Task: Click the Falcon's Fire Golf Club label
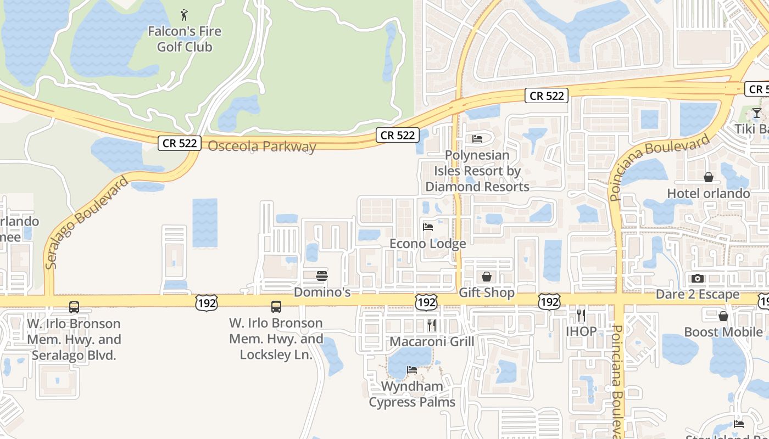pyautogui.click(x=184, y=39)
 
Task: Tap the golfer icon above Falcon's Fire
pyautogui.click(x=184, y=15)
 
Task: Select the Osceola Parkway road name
pyautogui.click(x=262, y=147)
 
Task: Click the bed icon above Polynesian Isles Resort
pyautogui.click(x=477, y=139)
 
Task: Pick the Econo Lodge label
pyautogui.click(x=427, y=243)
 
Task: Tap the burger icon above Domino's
pyautogui.click(x=322, y=275)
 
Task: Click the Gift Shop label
pyautogui.click(x=486, y=292)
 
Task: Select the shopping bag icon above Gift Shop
pyautogui.click(x=486, y=276)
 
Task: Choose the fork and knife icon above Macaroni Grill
pyautogui.click(x=431, y=325)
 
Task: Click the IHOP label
pyautogui.click(x=581, y=331)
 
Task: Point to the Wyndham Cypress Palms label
pyautogui.click(x=412, y=394)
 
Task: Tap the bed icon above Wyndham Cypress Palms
pyautogui.click(x=412, y=370)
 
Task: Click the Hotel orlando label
pyautogui.click(x=708, y=193)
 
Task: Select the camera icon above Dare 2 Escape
pyautogui.click(x=698, y=278)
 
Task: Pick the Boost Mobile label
pyautogui.click(x=723, y=332)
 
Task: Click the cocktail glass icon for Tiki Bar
pyautogui.click(x=757, y=113)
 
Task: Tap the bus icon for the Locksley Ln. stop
pyautogui.click(x=276, y=307)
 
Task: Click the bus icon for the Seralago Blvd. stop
pyautogui.click(x=74, y=307)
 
